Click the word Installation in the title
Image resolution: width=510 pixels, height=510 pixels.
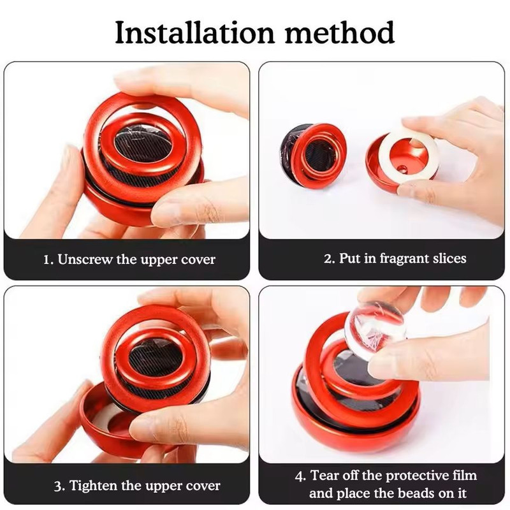pos(195,33)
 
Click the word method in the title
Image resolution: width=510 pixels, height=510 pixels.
pos(340,33)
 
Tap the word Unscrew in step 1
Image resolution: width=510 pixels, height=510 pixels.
pos(85,259)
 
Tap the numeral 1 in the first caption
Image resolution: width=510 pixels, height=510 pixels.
pos(47,260)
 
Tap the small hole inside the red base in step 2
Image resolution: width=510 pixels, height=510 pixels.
pos(401,169)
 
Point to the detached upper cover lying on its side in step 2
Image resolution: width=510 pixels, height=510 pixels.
pos(312,156)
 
